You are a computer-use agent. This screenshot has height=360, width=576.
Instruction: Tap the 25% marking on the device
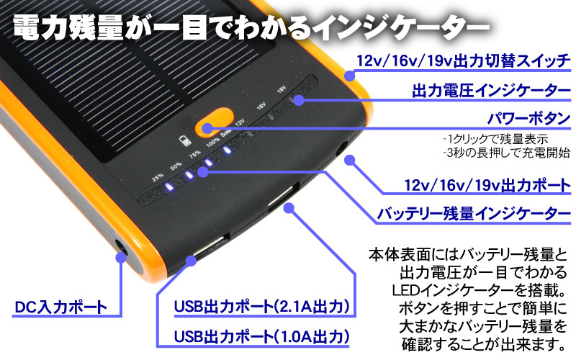click(x=158, y=177)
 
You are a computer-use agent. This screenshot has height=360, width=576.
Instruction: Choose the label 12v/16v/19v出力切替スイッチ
click(x=467, y=62)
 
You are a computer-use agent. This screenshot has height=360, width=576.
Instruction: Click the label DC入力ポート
click(x=60, y=309)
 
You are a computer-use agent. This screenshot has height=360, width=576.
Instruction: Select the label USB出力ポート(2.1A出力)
click(x=262, y=309)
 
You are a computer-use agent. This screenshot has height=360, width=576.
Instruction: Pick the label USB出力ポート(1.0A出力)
click(x=262, y=336)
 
